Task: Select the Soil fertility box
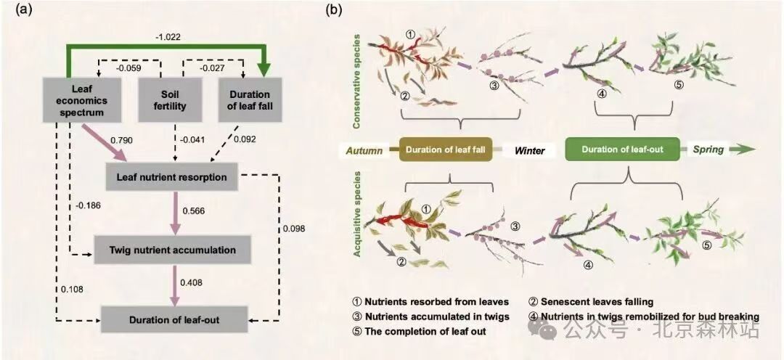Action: (x=169, y=100)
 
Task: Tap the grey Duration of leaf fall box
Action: (x=249, y=100)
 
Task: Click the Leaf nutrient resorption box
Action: (x=171, y=177)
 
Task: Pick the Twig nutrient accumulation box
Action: (x=173, y=250)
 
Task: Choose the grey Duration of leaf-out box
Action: (x=174, y=319)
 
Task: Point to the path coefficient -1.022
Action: (x=168, y=36)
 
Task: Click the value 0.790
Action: (x=121, y=140)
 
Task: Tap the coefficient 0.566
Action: (x=194, y=210)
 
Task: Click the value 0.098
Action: (x=293, y=229)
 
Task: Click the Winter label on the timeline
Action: (x=529, y=150)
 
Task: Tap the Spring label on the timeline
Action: (x=709, y=150)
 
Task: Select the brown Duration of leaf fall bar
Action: (x=446, y=150)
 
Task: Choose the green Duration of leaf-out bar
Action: (x=623, y=150)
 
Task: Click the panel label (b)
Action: (x=334, y=10)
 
